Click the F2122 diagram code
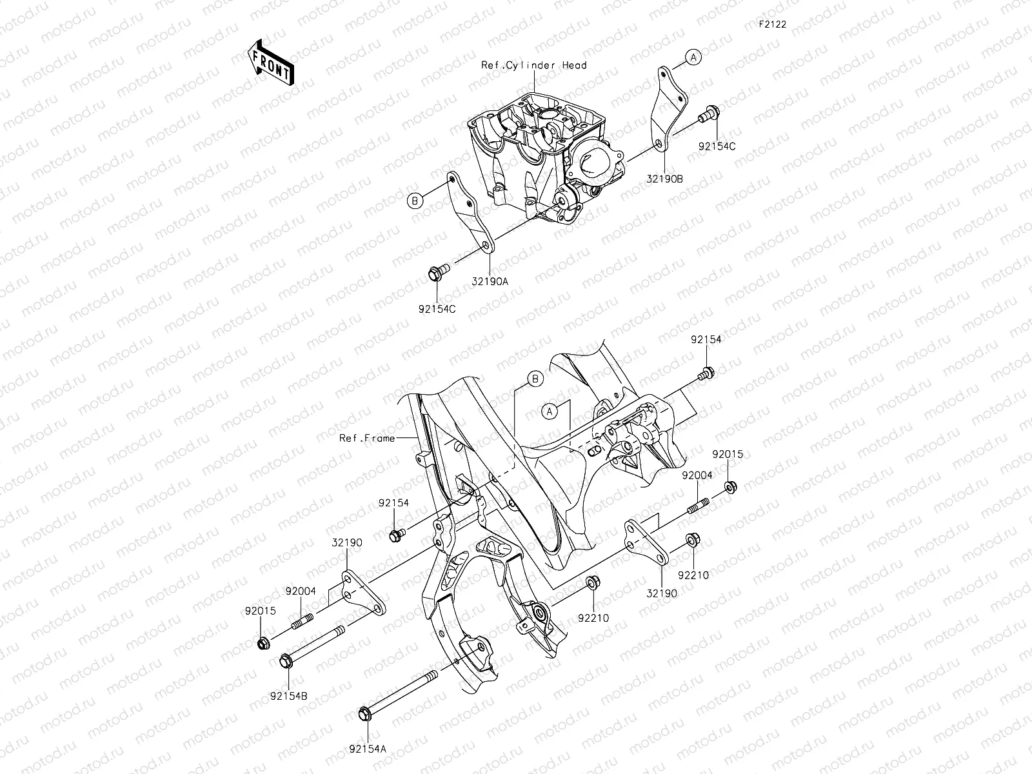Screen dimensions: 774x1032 pos(772,25)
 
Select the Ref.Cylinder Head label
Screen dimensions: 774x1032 pos(534,65)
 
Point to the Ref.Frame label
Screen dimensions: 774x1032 pos(367,439)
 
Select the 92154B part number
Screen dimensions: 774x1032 pos(288,696)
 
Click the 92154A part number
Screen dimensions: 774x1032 pos(367,749)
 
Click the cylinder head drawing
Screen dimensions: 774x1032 pos(551,158)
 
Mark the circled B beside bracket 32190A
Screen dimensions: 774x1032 pos(416,201)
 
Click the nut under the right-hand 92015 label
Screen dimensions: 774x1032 pos(731,487)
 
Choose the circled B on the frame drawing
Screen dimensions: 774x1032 pos(535,379)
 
